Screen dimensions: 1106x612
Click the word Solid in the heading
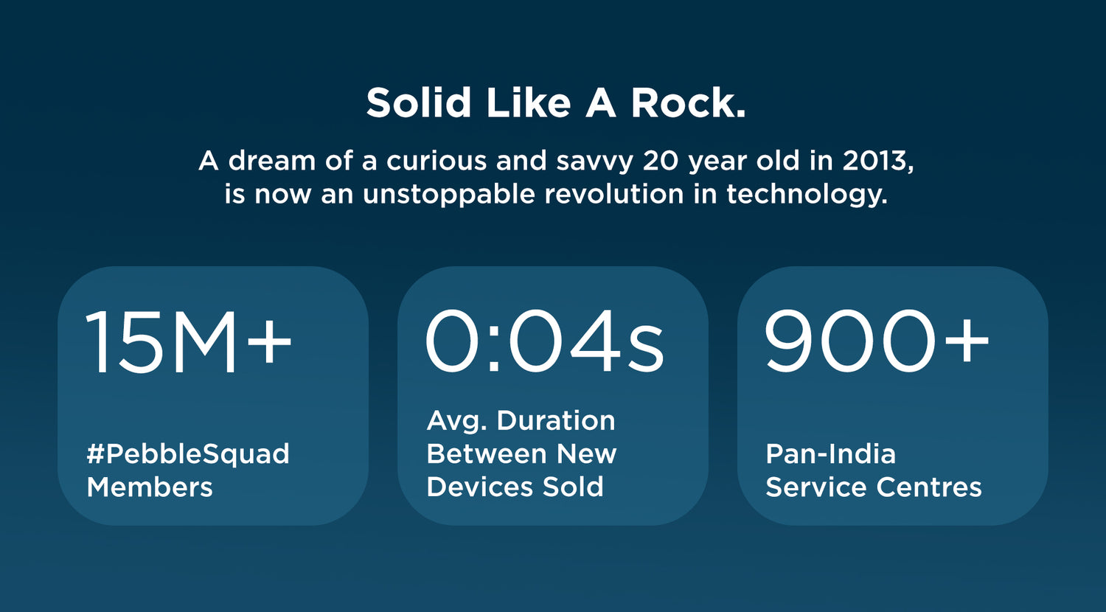418,102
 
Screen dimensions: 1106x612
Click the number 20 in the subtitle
660,161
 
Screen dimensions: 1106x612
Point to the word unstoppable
449,195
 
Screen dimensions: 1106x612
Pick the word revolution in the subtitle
614,194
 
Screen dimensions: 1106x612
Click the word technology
807,195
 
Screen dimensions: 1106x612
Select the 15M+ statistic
189,341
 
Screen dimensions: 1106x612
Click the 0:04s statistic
544,341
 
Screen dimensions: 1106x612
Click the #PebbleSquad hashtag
187,454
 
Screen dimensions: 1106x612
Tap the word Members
150,487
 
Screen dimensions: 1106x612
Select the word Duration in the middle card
555,420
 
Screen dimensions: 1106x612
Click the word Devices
479,487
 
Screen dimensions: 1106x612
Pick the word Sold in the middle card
573,487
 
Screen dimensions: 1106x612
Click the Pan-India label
830,454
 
